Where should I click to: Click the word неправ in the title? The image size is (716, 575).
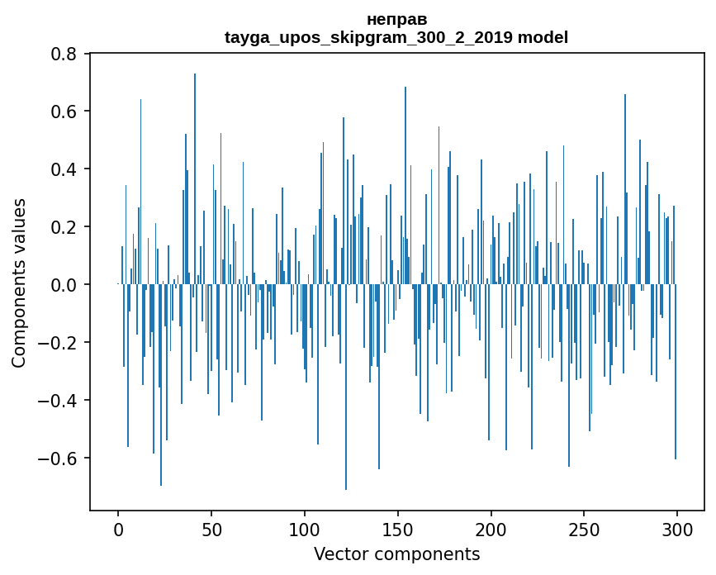coord(396,19)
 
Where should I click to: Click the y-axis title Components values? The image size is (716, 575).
coord(19,283)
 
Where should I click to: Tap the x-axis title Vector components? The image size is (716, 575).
coord(396,554)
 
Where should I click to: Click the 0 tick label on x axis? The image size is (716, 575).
coord(118,529)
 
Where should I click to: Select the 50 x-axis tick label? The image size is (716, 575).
coord(211,529)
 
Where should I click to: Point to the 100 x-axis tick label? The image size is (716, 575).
coord(305,529)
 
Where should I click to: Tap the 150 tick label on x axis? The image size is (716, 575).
coord(398,529)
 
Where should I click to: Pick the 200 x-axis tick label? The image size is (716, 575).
coord(491,529)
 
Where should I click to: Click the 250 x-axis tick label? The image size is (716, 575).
coord(584,529)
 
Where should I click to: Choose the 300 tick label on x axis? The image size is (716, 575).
coord(677,529)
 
